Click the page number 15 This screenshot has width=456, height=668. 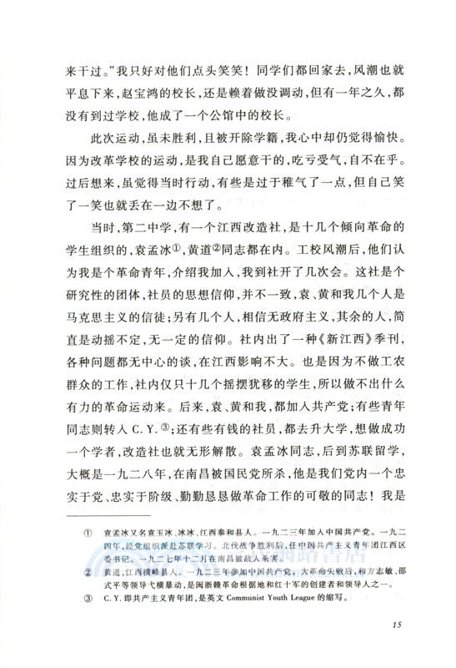point(397,625)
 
